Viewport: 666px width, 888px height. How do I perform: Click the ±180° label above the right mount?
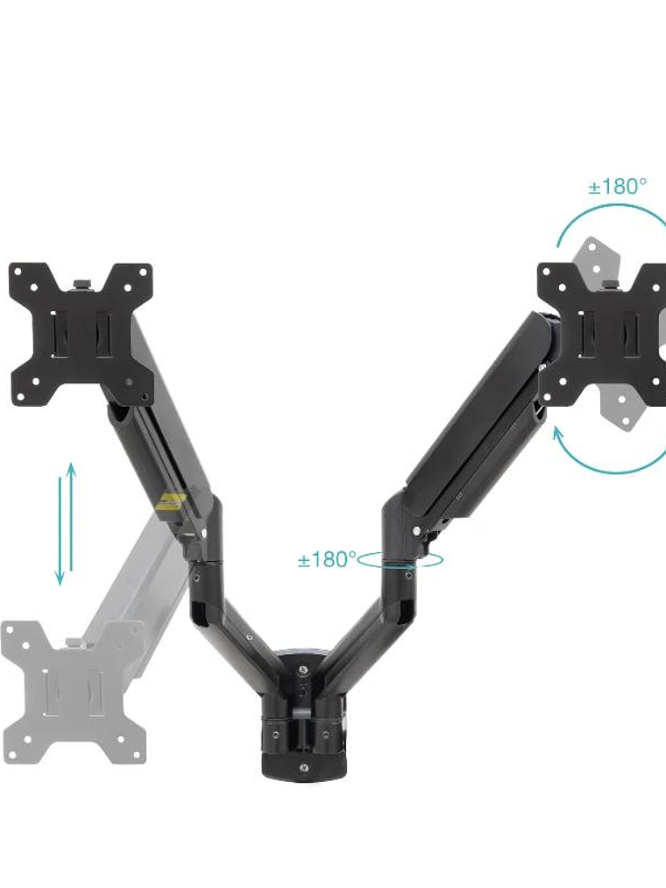pyautogui.click(x=617, y=186)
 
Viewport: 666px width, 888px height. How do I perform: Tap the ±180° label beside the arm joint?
pyautogui.click(x=326, y=559)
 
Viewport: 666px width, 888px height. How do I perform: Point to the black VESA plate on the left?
pyautogui.click(x=81, y=333)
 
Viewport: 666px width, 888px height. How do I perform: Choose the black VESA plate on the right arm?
pyautogui.click(x=605, y=333)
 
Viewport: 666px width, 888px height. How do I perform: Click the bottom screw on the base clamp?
pyautogui.click(x=302, y=768)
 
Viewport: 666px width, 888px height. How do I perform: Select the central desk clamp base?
pyautogui.click(x=302, y=719)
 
